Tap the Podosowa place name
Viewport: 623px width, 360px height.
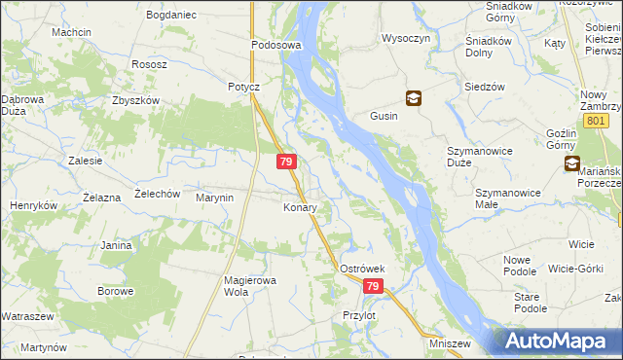tap(276, 45)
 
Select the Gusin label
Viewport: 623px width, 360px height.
tap(383, 116)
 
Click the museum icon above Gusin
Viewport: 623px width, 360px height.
tap(414, 98)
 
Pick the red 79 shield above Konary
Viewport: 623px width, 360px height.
tap(286, 162)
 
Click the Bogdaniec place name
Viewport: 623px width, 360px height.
tap(171, 16)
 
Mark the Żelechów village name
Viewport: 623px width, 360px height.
tap(158, 194)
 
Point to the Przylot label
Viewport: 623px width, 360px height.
tap(359, 315)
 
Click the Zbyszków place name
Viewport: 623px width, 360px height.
tap(134, 100)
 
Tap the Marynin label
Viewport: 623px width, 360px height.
tap(215, 198)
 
